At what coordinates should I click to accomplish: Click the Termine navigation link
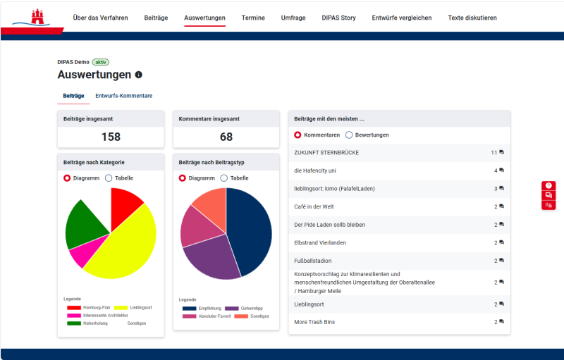(253, 18)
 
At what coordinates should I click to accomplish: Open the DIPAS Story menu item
(338, 18)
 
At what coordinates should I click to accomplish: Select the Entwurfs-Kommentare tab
(124, 96)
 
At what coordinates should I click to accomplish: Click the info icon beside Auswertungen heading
(138, 75)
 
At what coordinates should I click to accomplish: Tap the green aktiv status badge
(101, 62)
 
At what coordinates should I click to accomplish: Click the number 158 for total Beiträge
(111, 137)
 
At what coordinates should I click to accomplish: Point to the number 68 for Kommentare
(226, 137)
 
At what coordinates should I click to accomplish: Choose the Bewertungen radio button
(349, 135)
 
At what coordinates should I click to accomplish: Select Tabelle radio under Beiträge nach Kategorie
(109, 178)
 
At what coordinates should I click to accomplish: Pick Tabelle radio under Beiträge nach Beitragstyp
(223, 178)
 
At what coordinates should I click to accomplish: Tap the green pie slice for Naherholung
(82, 225)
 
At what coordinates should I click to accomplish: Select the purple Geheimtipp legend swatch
(232, 309)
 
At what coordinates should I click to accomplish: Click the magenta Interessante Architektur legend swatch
(74, 316)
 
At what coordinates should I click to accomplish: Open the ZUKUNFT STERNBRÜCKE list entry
(326, 153)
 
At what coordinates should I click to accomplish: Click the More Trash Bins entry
(314, 322)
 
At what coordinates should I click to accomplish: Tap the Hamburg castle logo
(37, 17)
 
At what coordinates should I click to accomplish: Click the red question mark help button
(548, 185)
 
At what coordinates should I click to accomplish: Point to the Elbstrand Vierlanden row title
(320, 243)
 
